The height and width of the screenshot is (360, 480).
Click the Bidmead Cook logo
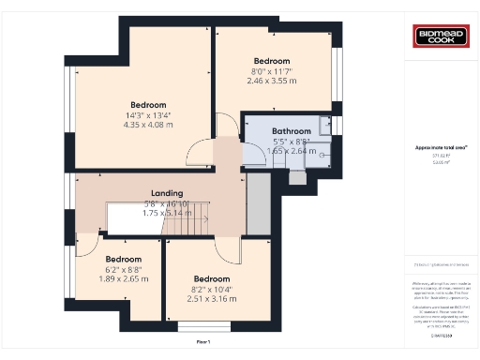(x=441, y=37)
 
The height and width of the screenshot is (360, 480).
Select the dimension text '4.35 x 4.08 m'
(x=148, y=126)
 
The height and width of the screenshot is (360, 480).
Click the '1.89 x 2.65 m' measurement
(x=123, y=278)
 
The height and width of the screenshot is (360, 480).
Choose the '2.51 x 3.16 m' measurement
(x=212, y=299)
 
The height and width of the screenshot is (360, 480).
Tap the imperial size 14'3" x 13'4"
(x=148, y=115)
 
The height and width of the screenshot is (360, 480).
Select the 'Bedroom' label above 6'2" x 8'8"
(x=123, y=259)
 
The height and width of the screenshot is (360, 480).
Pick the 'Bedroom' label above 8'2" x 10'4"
(x=212, y=278)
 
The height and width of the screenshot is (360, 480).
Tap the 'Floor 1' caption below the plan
(x=203, y=342)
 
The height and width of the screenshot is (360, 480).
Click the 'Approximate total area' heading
(x=441, y=147)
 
